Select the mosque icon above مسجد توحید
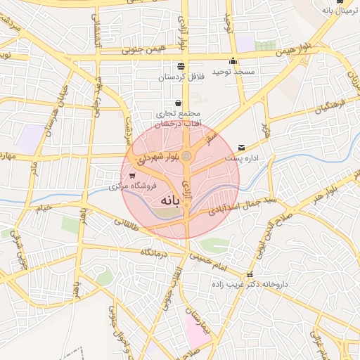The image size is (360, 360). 233,60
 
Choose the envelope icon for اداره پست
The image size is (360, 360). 242,148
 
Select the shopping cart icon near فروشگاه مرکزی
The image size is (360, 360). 132,176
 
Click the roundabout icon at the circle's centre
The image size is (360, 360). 187,156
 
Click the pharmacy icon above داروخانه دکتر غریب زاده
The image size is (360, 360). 249,274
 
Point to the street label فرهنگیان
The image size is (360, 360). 330,108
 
